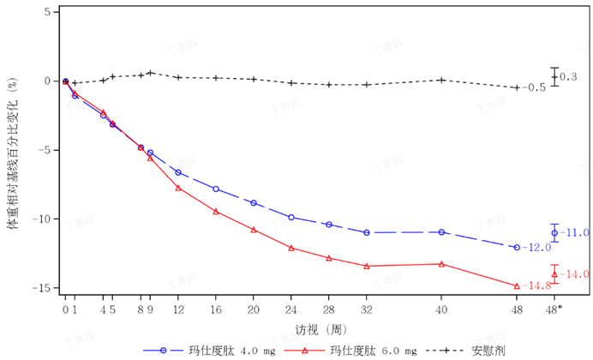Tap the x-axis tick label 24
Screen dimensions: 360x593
(291, 309)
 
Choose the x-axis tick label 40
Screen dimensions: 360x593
(441, 309)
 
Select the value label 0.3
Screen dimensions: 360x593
(569, 77)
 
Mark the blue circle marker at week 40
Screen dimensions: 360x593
(441, 232)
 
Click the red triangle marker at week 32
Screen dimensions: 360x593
(367, 266)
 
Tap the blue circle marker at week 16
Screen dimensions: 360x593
(216, 189)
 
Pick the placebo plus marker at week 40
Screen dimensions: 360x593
(441, 80)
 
